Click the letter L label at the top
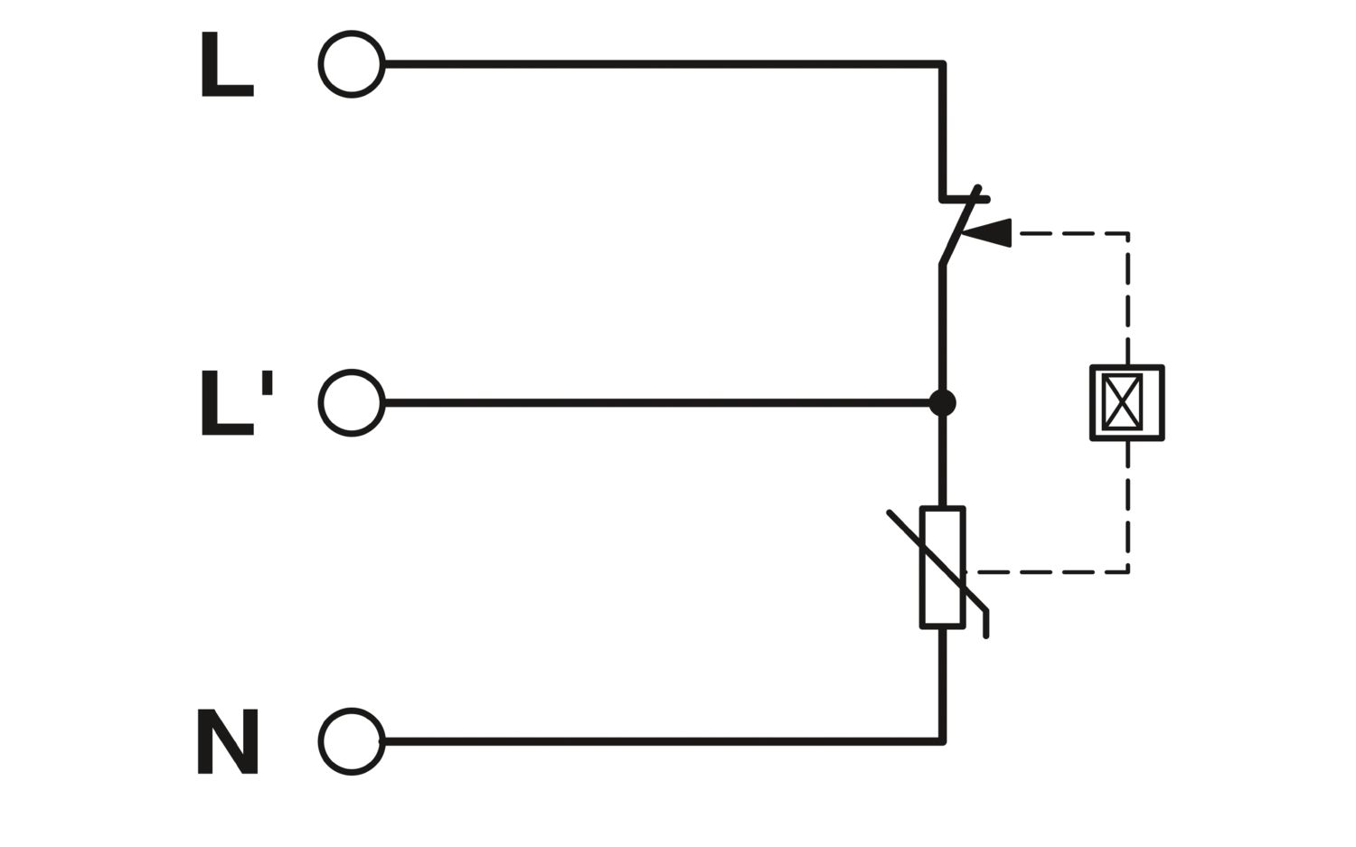227,64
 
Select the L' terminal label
237,402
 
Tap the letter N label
228,741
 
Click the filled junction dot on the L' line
943,403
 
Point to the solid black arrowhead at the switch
987,233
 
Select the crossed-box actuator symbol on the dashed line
1127,402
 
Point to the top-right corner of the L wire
943,64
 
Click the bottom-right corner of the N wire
943,741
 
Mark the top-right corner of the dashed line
1128,234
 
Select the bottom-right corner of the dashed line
1128,571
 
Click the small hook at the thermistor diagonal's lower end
986,625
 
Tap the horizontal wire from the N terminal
663,741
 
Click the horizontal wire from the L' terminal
657,402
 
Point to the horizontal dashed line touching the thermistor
1047,571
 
